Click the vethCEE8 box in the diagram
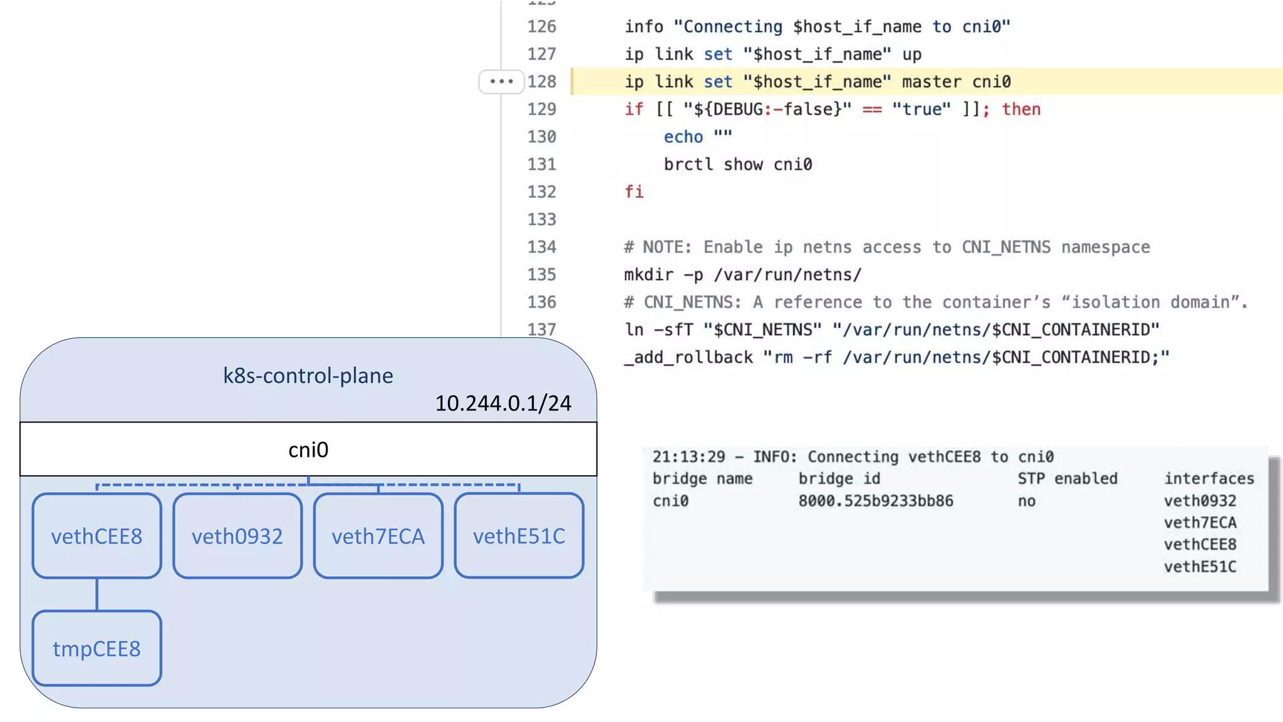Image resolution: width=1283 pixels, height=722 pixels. tap(96, 536)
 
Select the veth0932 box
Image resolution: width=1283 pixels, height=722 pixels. tap(237, 536)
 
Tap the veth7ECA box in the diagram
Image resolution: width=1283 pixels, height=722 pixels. tap(378, 536)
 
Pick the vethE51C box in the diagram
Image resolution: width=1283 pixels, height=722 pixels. tap(519, 536)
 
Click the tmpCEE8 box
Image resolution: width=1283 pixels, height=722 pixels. tap(96, 649)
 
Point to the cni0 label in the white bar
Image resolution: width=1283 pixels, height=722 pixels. tap(308, 449)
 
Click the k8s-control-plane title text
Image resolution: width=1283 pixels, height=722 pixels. tap(308, 375)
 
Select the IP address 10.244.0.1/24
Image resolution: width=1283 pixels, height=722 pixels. tap(503, 403)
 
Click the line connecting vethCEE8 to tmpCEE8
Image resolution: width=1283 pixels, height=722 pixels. tap(96, 594)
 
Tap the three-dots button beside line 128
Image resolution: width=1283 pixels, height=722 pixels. tap(501, 81)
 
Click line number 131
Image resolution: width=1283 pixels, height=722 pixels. tap(542, 164)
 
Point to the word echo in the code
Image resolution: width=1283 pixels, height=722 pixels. tap(683, 137)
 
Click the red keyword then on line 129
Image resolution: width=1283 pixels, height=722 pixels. tap(1021, 109)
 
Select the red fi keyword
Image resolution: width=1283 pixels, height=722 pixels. tap(634, 192)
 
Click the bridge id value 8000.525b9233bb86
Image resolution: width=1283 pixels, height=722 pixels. tap(875, 501)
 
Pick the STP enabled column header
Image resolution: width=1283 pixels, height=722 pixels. tap(1067, 479)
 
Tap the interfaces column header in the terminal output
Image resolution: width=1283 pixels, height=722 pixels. tap(1208, 479)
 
